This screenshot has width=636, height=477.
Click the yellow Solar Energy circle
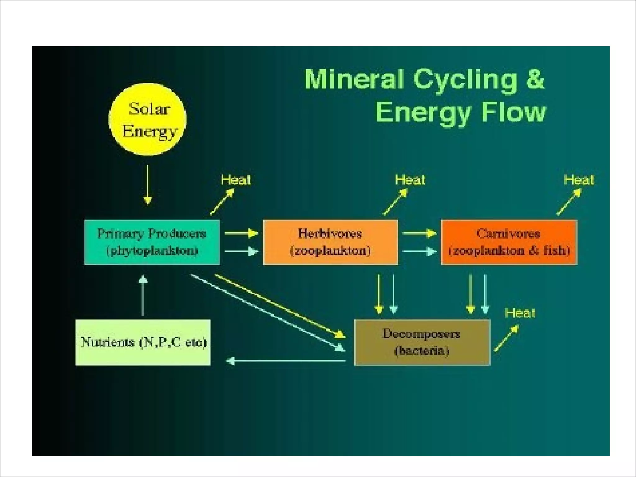[148, 119]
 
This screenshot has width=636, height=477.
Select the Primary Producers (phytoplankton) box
[152, 242]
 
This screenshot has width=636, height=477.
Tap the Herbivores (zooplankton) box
[331, 242]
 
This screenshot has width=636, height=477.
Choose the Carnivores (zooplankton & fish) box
[509, 242]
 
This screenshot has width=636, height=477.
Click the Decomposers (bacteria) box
[422, 343]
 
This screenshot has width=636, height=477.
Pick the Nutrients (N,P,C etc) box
[143, 343]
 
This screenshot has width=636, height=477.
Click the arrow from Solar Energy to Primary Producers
[148, 185]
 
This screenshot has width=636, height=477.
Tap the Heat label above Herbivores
[410, 180]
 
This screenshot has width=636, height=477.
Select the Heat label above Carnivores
[579, 180]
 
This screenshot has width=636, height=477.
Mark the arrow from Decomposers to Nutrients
[286, 361]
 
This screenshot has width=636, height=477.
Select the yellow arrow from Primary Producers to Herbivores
[241, 233]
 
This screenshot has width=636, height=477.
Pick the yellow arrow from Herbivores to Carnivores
[419, 233]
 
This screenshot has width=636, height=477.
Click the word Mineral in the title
[354, 79]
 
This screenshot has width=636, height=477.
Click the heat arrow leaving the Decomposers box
[506, 338]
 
